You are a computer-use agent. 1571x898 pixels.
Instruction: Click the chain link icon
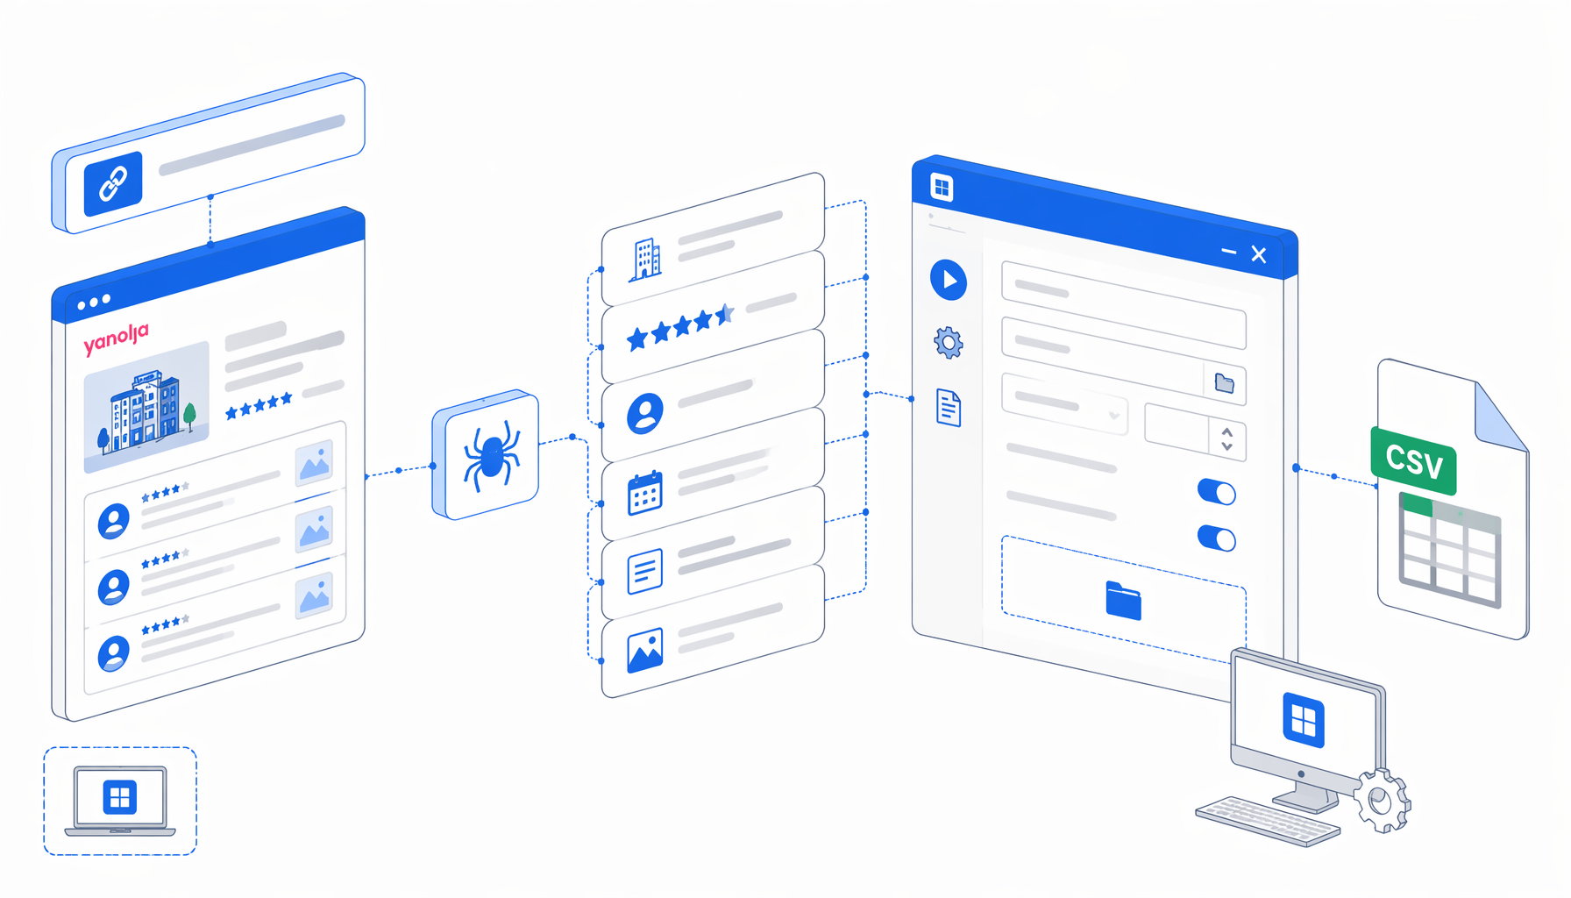(x=113, y=183)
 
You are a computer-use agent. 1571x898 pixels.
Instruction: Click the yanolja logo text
(x=116, y=339)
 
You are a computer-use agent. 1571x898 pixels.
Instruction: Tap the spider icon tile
(x=486, y=454)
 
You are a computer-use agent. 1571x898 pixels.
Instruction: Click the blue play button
(x=949, y=281)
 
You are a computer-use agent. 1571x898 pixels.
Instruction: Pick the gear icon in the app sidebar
(x=948, y=342)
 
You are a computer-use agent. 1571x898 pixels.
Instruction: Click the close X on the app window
(x=1259, y=254)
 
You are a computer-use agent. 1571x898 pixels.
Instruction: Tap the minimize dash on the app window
(x=1229, y=252)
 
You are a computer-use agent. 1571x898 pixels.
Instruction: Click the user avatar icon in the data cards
(x=645, y=413)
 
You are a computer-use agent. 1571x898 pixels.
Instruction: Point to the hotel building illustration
(x=146, y=408)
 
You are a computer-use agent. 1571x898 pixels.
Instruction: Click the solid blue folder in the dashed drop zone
(x=1124, y=601)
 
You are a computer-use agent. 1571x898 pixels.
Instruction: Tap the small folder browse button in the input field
(x=1225, y=383)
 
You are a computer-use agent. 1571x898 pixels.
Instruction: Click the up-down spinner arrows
(x=1227, y=439)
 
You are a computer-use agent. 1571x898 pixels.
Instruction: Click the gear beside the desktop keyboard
(x=1383, y=801)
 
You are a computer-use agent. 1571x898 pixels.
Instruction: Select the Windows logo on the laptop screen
(x=120, y=797)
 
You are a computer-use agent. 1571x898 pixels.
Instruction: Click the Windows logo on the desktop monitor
(x=1304, y=720)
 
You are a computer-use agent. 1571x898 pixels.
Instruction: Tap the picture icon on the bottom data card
(x=645, y=650)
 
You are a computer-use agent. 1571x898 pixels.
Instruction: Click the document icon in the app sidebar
(x=949, y=408)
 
